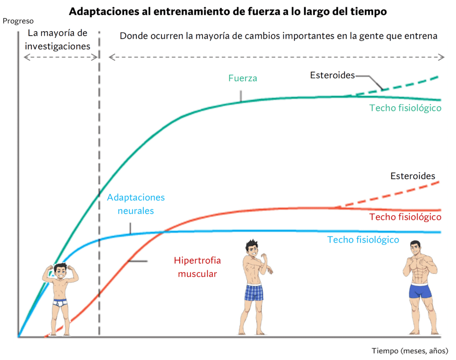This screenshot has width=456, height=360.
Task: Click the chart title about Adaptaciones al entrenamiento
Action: pyautogui.click(x=228, y=12)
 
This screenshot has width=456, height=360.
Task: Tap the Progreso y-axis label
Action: pyautogui.click(x=18, y=21)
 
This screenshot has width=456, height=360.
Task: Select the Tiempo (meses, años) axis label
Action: pyautogui.click(x=410, y=351)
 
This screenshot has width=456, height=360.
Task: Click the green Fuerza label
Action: pyautogui.click(x=243, y=78)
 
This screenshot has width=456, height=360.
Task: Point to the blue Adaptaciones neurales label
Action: pyautogui.click(x=136, y=204)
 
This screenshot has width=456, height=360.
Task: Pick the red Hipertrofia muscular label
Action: pyautogui.click(x=197, y=267)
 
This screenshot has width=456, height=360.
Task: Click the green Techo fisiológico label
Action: pyautogui.click(x=405, y=108)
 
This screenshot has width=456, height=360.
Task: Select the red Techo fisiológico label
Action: pyautogui.click(x=405, y=217)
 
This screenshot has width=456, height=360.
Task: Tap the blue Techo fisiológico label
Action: pyautogui.click(x=363, y=240)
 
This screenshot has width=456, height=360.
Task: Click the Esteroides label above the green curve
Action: pyautogui.click(x=332, y=75)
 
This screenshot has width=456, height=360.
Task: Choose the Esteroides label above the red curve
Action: pyautogui.click(x=413, y=176)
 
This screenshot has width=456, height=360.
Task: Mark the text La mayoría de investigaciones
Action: pyautogui.click(x=57, y=40)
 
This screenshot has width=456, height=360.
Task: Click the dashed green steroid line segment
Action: pyautogui.click(x=401, y=85)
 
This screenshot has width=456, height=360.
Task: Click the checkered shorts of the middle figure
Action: pyautogui.click(x=254, y=293)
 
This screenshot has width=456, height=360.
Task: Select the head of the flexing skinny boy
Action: pyautogui.click(x=60, y=270)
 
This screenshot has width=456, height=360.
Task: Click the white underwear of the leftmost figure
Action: pyautogui.click(x=60, y=303)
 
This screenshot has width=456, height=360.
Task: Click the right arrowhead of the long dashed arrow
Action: pyautogui.click(x=441, y=57)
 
